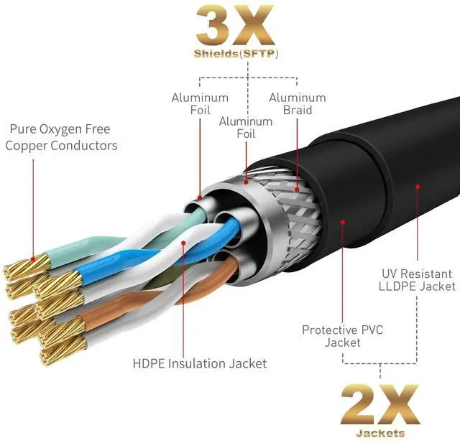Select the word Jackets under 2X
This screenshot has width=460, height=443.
click(x=379, y=433)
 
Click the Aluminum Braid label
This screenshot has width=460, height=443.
click(x=297, y=104)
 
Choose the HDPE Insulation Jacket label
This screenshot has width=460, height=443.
click(x=200, y=363)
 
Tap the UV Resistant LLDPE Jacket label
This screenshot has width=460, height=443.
click(x=417, y=279)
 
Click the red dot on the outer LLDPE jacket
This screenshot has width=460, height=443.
click(x=417, y=186)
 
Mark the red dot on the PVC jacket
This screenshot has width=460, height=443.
click(x=342, y=223)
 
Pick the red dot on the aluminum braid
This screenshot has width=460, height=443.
click(x=297, y=190)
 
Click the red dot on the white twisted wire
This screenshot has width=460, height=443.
click(x=185, y=243)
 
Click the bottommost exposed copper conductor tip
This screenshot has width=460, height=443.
click(x=57, y=356)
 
